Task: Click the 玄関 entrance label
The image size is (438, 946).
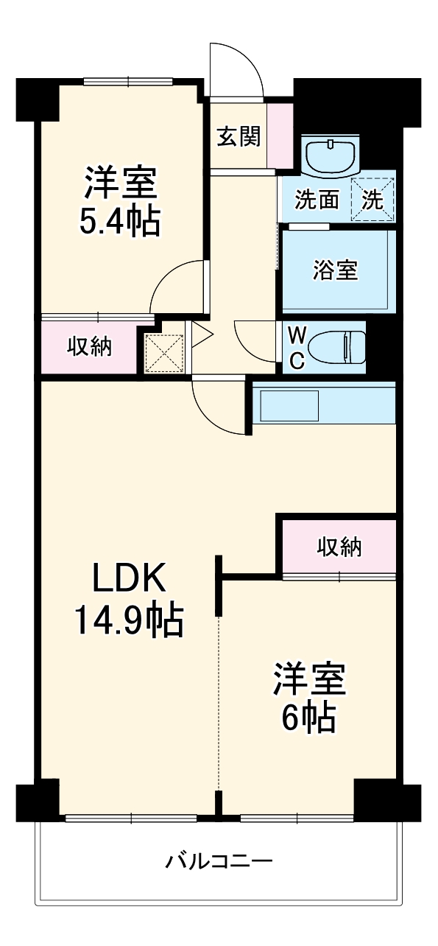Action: click(x=238, y=136)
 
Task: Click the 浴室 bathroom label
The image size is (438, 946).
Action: click(x=335, y=270)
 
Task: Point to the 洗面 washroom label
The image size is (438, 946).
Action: click(x=317, y=200)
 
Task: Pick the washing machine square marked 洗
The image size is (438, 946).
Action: click(x=373, y=200)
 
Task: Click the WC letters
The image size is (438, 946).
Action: click(x=297, y=347)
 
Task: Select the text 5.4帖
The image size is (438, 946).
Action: click(x=120, y=220)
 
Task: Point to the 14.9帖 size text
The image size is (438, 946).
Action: click(x=127, y=620)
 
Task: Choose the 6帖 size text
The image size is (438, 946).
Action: click(x=309, y=715)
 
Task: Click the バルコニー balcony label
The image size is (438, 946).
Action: click(x=219, y=861)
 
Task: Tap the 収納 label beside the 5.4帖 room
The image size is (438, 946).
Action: click(x=90, y=346)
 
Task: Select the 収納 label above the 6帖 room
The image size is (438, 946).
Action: click(x=339, y=547)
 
